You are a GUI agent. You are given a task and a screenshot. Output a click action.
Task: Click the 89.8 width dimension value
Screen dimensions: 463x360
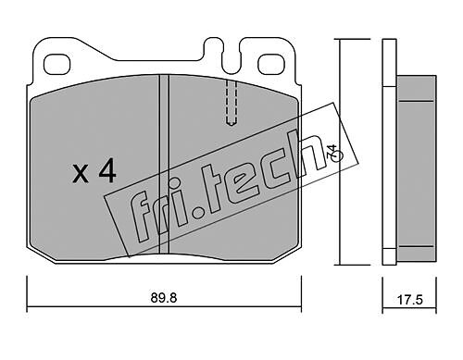tap(164, 298)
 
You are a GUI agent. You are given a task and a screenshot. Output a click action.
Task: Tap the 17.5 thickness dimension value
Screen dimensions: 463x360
tap(409, 300)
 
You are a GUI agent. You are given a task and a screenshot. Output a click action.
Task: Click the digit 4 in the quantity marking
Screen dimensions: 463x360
tap(107, 173)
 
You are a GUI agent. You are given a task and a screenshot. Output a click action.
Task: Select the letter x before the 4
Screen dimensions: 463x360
tap(80, 174)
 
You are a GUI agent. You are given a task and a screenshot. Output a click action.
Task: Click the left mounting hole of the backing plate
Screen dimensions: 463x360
tap(57, 65)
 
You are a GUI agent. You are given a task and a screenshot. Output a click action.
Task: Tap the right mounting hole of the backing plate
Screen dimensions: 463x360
tap(271, 65)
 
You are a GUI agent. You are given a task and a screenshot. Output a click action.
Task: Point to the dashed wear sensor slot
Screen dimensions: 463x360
tap(231, 103)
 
